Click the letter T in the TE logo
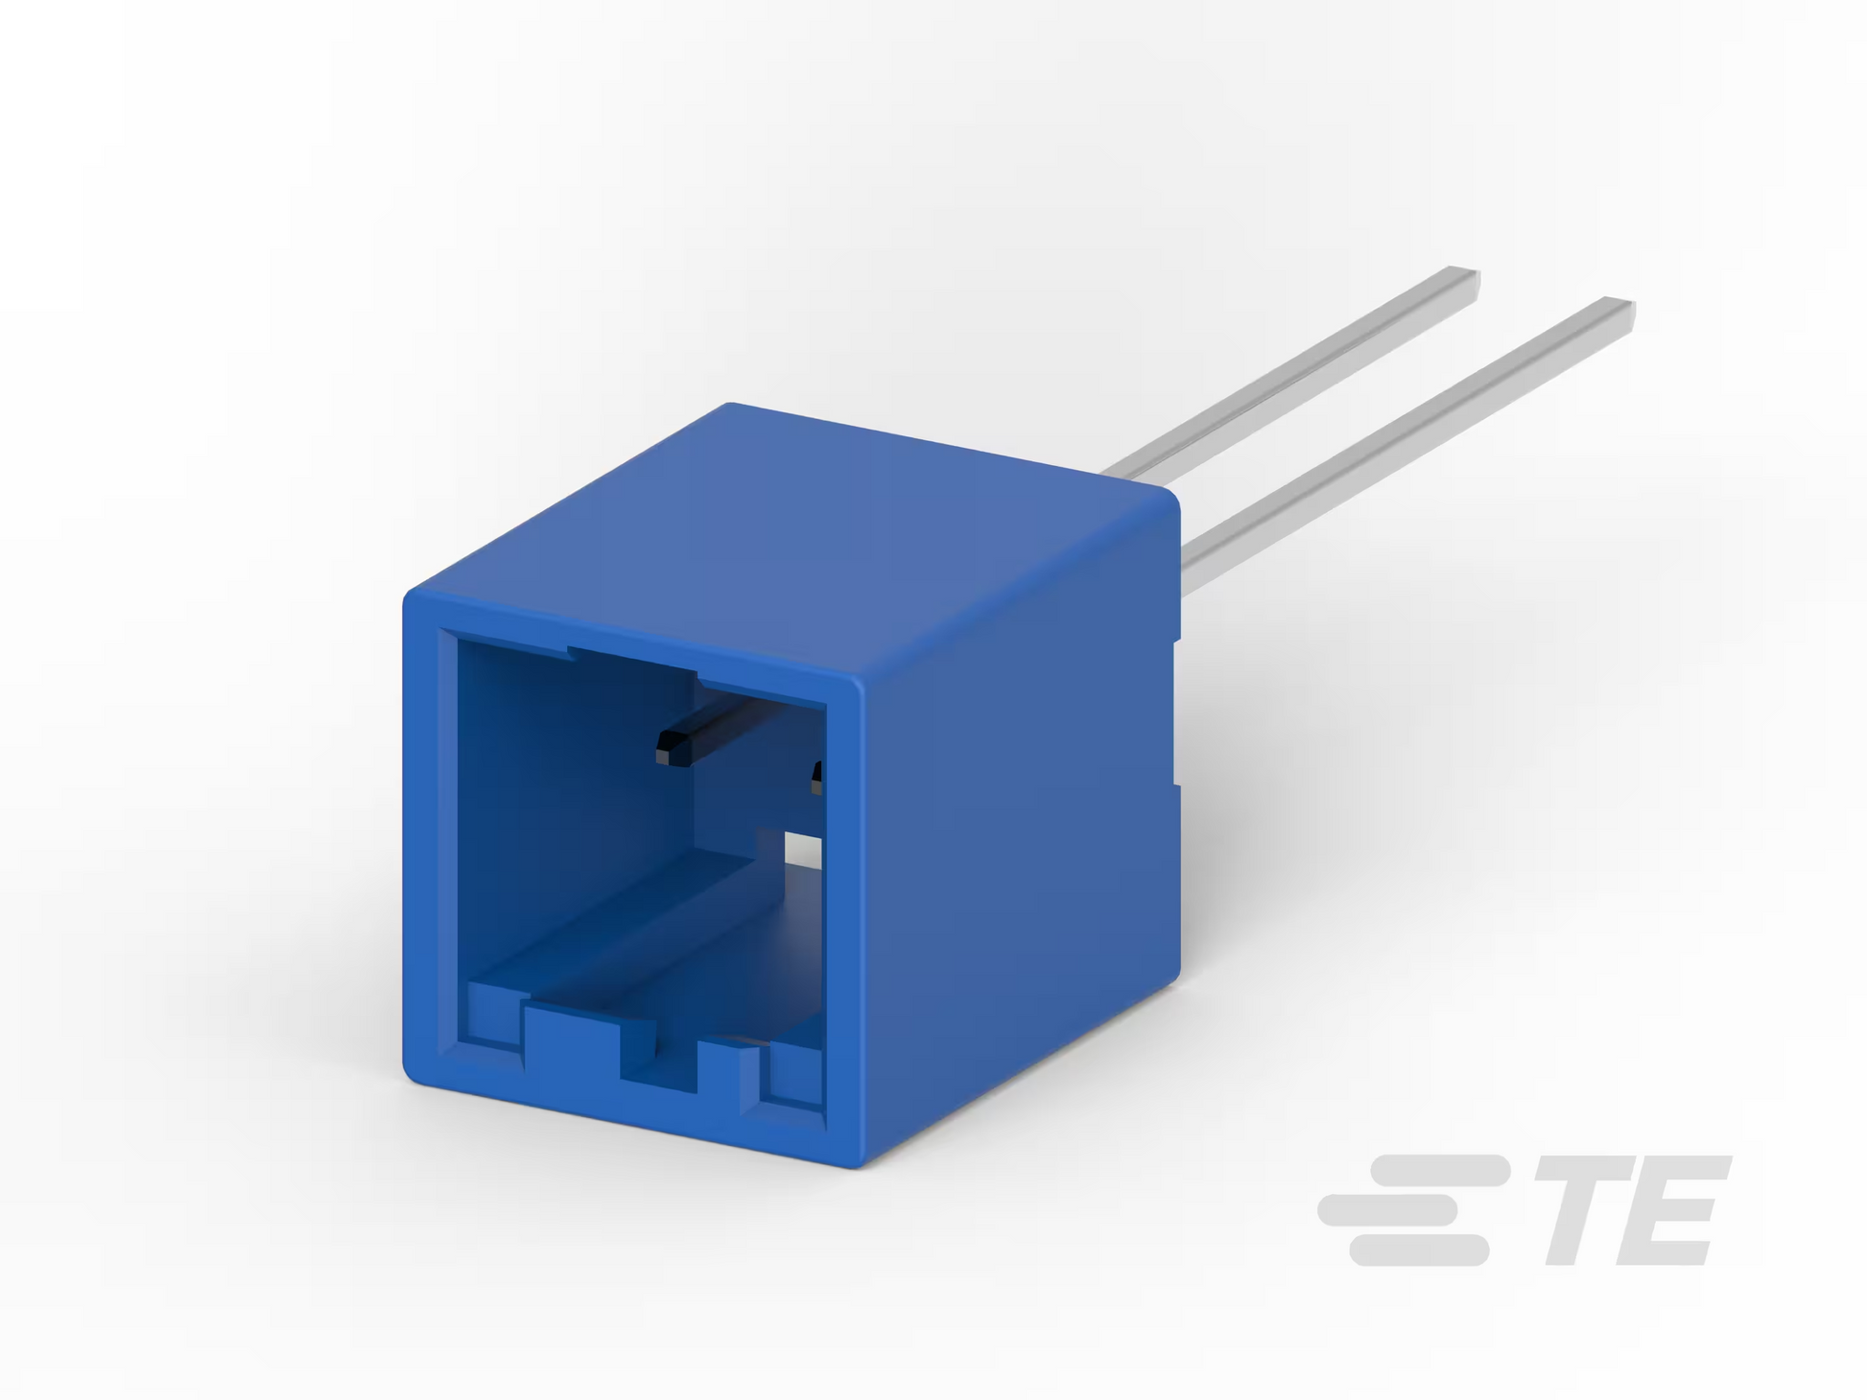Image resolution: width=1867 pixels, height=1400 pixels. point(1585,1210)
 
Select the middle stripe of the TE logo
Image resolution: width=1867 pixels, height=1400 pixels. point(1388,1210)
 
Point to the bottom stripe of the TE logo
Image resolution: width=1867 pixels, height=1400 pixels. point(1419,1250)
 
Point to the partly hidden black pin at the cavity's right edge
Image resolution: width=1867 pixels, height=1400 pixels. point(816,777)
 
